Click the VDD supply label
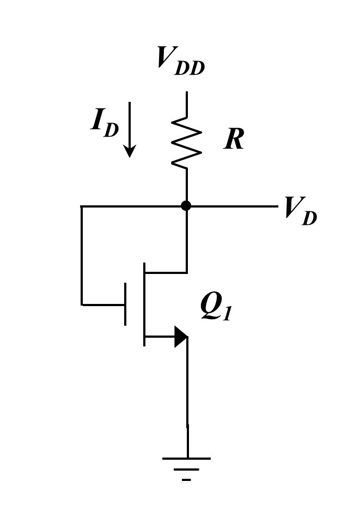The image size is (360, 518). [x=180, y=59]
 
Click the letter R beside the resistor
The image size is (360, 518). [x=234, y=139]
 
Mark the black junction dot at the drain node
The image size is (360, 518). [x=186, y=206]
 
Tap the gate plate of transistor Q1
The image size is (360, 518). [x=125, y=304]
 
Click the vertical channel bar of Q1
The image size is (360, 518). [x=144, y=304]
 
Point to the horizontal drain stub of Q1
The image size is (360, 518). [x=166, y=272]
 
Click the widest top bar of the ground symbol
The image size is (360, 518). [x=186, y=459]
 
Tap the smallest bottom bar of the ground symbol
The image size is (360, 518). [x=186, y=480]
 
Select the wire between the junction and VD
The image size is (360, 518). [x=231, y=206]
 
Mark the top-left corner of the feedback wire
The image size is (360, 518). [x=81, y=206]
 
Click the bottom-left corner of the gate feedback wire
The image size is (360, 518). [x=81, y=304]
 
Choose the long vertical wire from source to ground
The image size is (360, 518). [x=187, y=398]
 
